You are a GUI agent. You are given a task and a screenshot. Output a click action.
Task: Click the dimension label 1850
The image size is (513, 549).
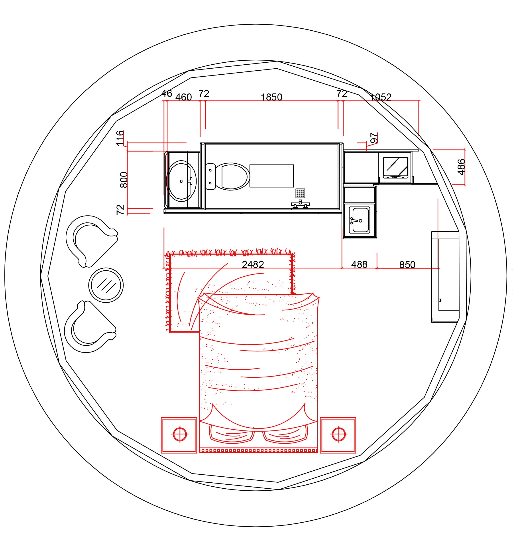pyautogui.click(x=271, y=97)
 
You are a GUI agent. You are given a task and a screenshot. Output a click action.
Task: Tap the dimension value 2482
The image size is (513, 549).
pyautogui.click(x=253, y=265)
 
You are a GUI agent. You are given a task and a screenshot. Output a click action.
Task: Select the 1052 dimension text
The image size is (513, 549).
pyautogui.click(x=381, y=97)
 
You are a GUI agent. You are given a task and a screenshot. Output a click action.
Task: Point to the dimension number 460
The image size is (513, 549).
pyautogui.click(x=183, y=97)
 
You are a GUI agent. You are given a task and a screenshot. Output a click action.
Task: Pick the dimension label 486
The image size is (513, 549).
pyautogui.click(x=461, y=167)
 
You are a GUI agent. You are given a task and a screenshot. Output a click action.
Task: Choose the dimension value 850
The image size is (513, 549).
pyautogui.click(x=407, y=265)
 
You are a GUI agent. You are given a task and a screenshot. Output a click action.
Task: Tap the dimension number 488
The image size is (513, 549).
pyautogui.click(x=359, y=265)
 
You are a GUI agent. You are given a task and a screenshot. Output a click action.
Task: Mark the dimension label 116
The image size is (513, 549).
pyautogui.click(x=120, y=138)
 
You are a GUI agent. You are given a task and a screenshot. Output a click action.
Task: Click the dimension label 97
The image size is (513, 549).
pyautogui.click(x=374, y=138)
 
